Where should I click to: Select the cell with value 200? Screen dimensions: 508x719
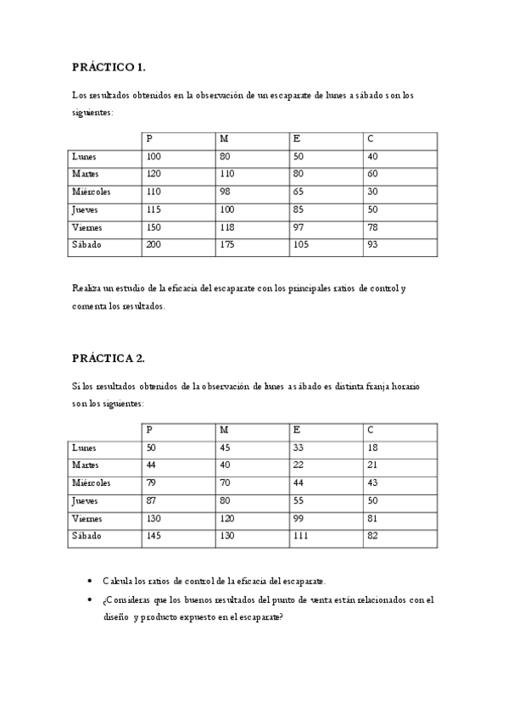point(154,245)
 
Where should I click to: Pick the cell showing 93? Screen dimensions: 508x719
point(373,245)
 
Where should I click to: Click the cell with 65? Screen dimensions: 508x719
point(299,192)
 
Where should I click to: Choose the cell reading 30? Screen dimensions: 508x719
point(373,192)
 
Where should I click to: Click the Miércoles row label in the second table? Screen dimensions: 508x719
point(92,483)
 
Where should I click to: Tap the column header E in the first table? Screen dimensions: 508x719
point(296,139)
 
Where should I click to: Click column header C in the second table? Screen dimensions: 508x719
point(371,430)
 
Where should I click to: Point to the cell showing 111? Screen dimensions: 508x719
point(301,537)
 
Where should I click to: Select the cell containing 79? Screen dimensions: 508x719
point(152,483)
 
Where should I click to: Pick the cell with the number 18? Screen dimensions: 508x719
point(373,448)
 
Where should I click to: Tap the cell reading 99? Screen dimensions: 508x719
point(299,519)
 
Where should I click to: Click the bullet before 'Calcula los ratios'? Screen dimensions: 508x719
point(90,582)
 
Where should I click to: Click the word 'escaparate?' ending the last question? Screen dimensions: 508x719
point(258,616)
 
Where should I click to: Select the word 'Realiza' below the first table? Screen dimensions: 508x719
point(87,288)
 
